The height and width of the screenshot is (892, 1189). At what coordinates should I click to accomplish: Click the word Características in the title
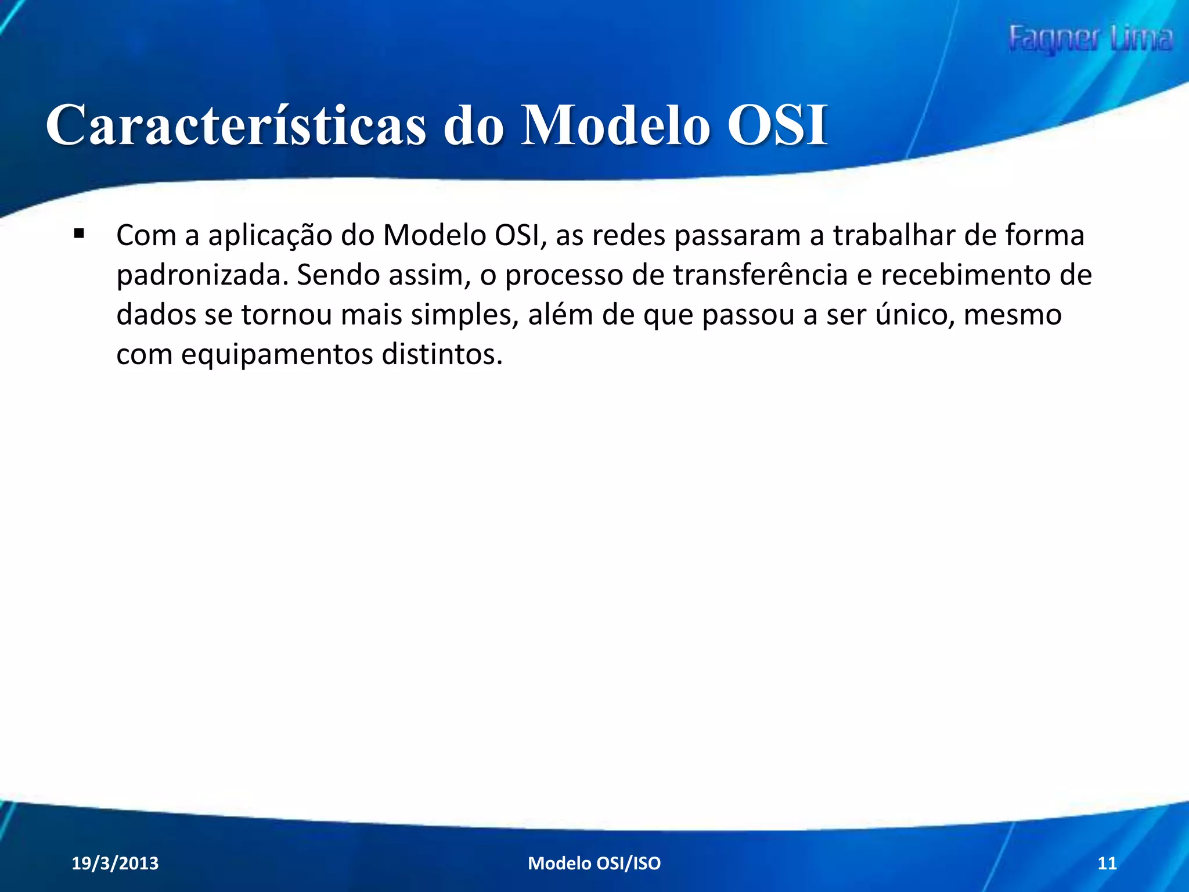click(236, 125)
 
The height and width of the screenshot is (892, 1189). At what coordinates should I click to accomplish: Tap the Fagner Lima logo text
click(1090, 39)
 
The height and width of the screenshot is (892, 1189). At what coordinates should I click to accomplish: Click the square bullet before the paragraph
click(79, 235)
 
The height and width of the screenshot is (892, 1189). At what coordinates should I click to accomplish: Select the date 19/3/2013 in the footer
click(115, 863)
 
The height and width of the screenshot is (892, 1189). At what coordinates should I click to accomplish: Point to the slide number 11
click(1107, 863)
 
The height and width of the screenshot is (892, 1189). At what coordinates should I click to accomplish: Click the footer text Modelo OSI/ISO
click(594, 863)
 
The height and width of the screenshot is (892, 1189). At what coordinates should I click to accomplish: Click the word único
click(916, 315)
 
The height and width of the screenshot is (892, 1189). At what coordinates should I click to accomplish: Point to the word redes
click(629, 236)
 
